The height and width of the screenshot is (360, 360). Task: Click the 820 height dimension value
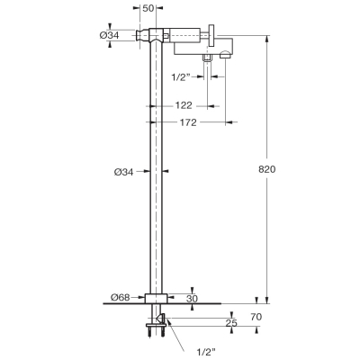pos(266,169)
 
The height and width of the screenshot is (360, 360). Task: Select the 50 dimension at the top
pos(148,8)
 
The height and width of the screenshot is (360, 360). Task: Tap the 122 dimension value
pos(184,105)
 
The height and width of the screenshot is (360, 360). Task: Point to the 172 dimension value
pos(188,122)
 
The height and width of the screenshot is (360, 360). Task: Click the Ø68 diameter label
pos(121,298)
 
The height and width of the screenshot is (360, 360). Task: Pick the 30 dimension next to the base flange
pos(192,299)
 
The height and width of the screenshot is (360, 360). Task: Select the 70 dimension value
pos(256,317)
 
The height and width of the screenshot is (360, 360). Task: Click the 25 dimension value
pos(231,323)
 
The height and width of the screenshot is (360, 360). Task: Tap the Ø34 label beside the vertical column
pos(123,172)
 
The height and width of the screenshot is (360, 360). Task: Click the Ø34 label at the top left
pos(109,35)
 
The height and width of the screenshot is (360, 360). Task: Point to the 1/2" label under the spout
pos(181,77)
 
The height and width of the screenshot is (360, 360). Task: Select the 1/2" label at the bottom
pos(206,351)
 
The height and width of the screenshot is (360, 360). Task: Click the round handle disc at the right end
pos(212,36)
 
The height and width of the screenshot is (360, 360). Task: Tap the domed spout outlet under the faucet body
pos(226,55)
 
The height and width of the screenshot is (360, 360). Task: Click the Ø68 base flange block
pos(156,299)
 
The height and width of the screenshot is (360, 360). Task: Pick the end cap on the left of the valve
pos(142,36)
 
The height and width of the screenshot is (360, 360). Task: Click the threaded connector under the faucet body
pos(207,58)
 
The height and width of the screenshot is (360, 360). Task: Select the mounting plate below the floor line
pos(156,325)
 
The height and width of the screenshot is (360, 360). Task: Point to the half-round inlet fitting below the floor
pos(161,318)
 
